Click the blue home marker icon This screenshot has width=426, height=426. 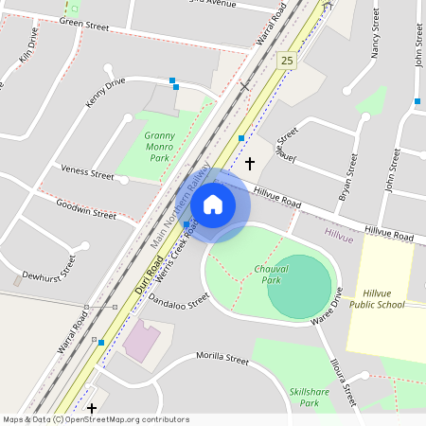pyautogui.click(x=213, y=204)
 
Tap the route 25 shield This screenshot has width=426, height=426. pyautogui.click(x=286, y=61)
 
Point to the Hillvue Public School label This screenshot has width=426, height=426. pyautogui.click(x=377, y=299)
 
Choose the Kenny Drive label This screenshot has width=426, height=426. pyautogui.click(x=105, y=90)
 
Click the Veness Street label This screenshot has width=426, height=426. pyautogui.click(x=87, y=172)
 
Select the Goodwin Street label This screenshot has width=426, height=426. pyautogui.click(x=85, y=209)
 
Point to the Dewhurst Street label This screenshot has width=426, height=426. pyautogui.click(x=48, y=268)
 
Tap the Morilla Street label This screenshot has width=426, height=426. pyautogui.click(x=222, y=360)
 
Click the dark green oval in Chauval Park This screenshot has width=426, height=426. pyautogui.click(x=300, y=286)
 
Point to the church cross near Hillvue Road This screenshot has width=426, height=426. pyautogui.click(x=250, y=164)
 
